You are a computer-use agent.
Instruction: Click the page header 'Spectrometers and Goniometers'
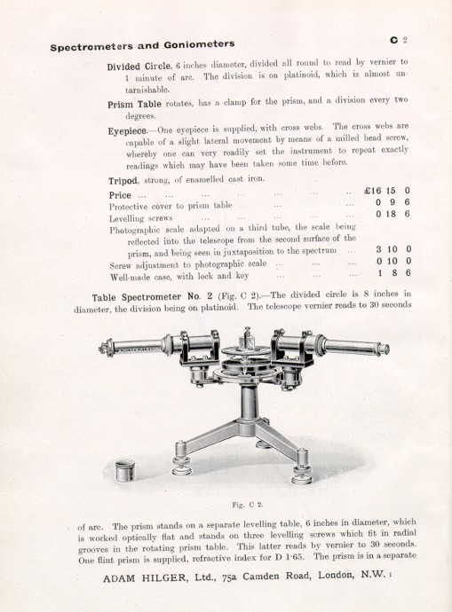142,43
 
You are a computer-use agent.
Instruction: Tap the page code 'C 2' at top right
397,40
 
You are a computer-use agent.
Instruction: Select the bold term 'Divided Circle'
140,67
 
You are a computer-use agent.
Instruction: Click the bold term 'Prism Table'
131,104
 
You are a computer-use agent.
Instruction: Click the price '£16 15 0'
381,191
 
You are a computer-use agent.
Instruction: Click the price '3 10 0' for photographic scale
386,251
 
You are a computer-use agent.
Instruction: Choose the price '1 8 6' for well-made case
388,276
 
